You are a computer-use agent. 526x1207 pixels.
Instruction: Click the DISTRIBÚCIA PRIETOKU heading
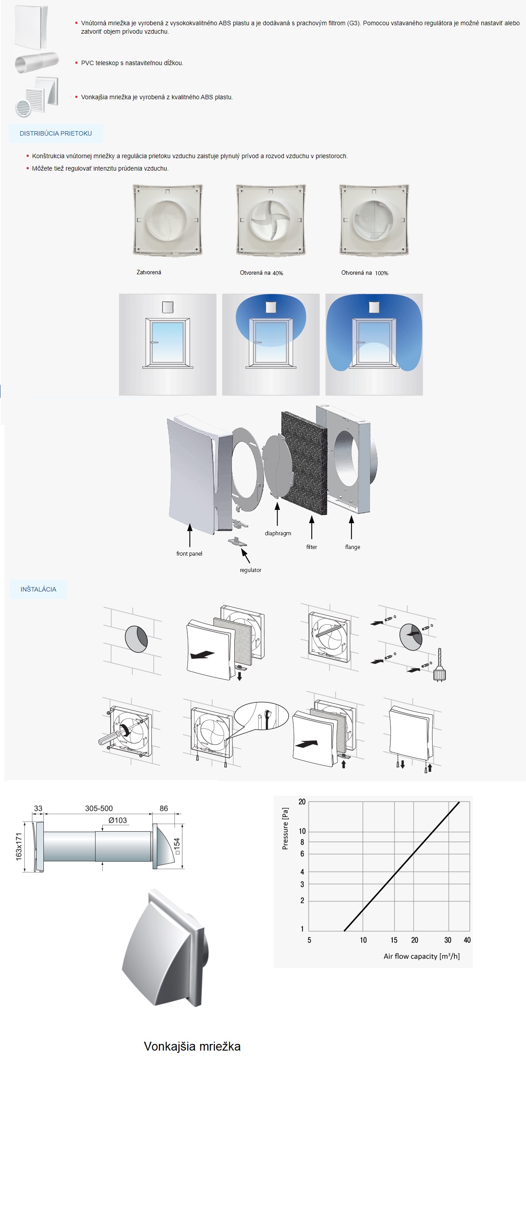click(56, 133)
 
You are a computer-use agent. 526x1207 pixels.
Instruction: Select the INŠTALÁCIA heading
click(39, 589)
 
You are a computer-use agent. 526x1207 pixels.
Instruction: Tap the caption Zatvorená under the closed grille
click(149, 272)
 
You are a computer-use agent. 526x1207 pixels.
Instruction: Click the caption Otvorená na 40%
click(261, 273)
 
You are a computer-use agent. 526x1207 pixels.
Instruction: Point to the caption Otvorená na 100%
click(364, 273)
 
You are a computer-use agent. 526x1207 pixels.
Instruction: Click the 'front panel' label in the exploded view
click(189, 553)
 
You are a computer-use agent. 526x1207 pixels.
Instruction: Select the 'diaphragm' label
click(278, 533)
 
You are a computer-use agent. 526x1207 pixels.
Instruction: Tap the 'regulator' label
click(251, 570)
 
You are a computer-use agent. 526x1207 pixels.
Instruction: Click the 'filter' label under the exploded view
click(311, 547)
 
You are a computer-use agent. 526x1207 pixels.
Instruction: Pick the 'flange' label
click(353, 547)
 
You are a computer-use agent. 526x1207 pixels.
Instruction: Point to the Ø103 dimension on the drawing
click(118, 820)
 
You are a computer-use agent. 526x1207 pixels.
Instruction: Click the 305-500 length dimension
click(99, 808)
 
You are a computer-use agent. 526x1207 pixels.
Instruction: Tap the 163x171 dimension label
click(19, 846)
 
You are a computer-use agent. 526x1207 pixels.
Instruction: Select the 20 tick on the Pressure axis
click(302, 802)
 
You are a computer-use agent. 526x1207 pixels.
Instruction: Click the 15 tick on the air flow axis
click(394, 940)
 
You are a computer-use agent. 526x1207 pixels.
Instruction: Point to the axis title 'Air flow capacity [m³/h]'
click(422, 956)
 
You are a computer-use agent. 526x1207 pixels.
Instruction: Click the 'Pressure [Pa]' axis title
click(285, 829)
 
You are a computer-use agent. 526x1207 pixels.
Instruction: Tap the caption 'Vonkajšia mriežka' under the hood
click(192, 1046)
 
